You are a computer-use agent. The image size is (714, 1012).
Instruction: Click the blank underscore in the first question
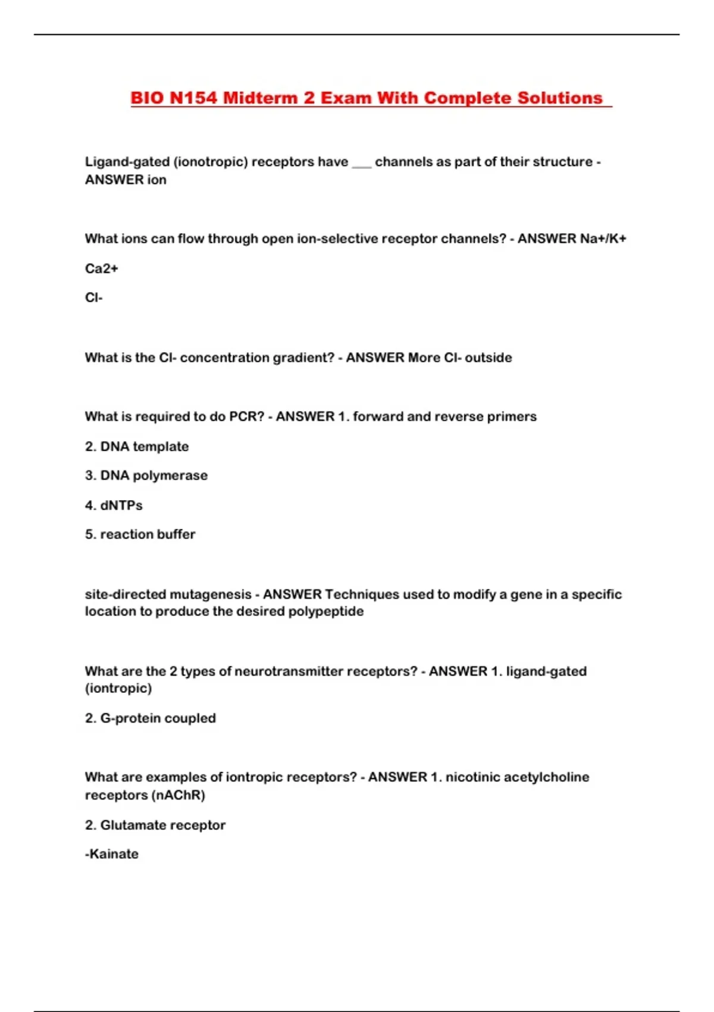[361, 163]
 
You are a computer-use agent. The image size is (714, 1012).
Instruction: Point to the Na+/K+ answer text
[603, 239]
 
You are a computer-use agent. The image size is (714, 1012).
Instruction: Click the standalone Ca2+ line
[102, 268]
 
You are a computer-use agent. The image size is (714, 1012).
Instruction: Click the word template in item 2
[161, 446]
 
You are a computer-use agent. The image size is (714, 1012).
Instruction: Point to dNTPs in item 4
[121, 505]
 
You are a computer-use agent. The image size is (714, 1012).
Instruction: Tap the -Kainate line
[112, 854]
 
